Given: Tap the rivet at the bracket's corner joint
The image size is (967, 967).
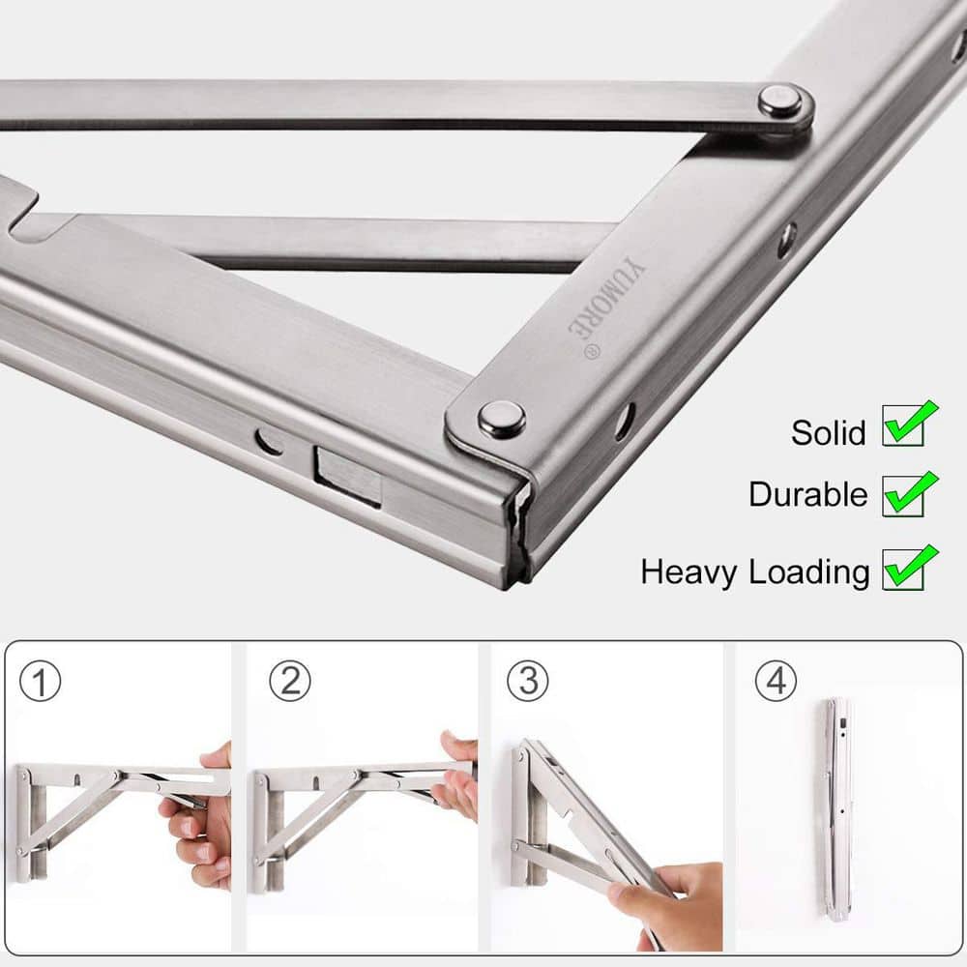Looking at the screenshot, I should coord(502,420).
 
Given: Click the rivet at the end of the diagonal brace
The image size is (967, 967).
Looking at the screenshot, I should coord(779,101).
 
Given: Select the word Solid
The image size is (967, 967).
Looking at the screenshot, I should coord(828,432).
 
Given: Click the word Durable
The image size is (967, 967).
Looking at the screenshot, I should coord(807,494).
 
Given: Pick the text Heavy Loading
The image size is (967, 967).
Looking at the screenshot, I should coord(754,571).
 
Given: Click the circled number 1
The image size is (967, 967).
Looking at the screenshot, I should coord(41,682).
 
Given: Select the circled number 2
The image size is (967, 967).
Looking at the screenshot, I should coord(289,682).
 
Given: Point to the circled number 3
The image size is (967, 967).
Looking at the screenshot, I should coord(527,682).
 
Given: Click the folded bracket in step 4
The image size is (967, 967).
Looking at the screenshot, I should coord(837,807).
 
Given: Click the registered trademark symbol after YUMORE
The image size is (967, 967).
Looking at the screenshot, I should coord(590,352).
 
